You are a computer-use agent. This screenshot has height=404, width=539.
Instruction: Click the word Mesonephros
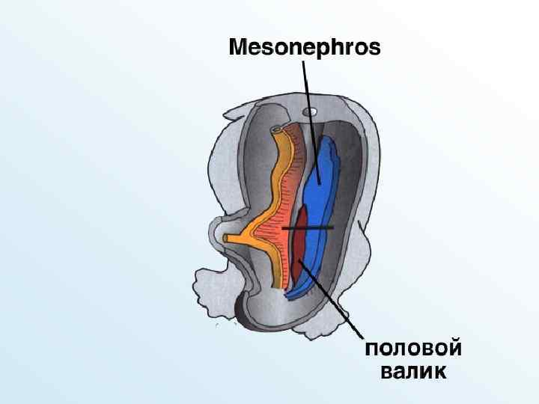click(x=304, y=49)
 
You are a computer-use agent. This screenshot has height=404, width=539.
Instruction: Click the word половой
click(x=412, y=349)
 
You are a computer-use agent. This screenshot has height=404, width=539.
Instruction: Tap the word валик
click(x=413, y=372)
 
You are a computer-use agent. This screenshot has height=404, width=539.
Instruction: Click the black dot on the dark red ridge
click(x=299, y=260)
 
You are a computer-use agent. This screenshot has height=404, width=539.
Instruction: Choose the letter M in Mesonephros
click(x=237, y=49)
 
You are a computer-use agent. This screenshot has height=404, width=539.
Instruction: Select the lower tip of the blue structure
click(x=294, y=293)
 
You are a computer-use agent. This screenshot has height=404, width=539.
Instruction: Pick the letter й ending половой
click(x=453, y=349)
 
